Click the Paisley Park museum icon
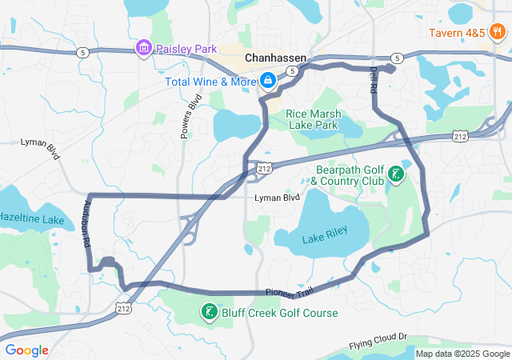coord(144,49)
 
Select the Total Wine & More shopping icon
coord(266,82)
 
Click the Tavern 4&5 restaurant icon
coord(497,33)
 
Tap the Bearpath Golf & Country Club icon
coord(395,174)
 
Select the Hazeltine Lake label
coord(30,218)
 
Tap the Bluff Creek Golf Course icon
coord(208,312)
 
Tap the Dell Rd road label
coord(373,80)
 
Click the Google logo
coord(26,350)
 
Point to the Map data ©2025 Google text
coord(462,353)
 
